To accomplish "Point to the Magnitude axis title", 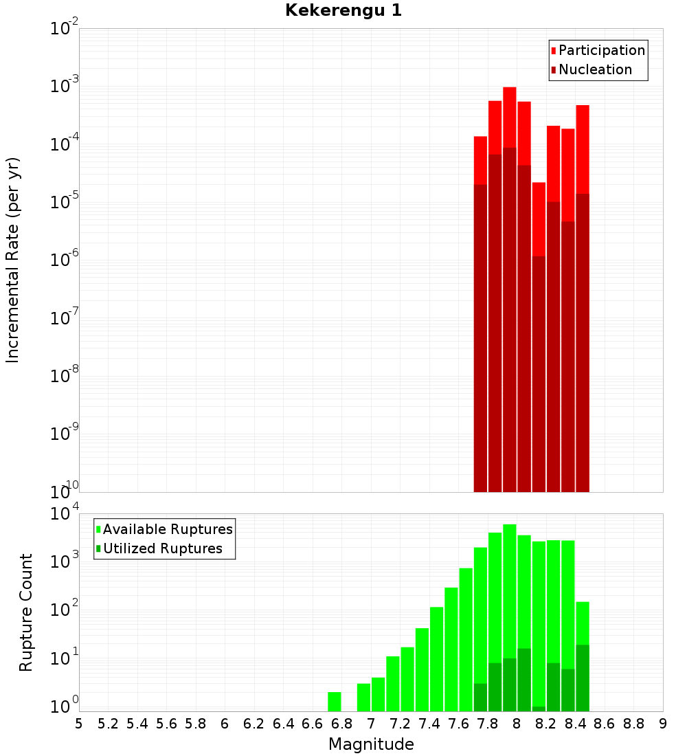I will (x=371, y=744).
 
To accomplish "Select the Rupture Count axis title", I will (x=26, y=612).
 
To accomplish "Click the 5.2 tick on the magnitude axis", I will (x=108, y=724).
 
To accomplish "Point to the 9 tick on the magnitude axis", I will (x=663, y=724).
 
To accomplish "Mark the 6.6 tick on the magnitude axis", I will (x=312, y=724).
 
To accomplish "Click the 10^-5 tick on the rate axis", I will (x=65, y=202).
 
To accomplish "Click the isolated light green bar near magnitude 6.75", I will (x=335, y=702).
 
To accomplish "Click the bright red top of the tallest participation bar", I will (x=510, y=117).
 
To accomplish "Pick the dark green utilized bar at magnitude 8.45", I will (x=583, y=678).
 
